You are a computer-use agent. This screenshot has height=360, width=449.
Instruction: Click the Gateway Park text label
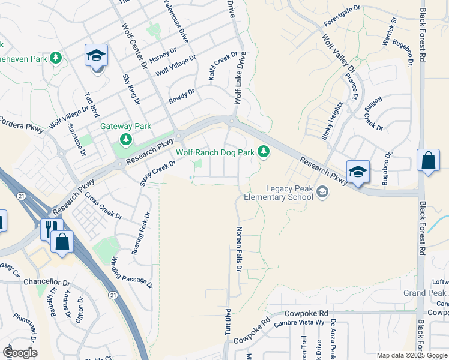pyautogui.click(x=125, y=126)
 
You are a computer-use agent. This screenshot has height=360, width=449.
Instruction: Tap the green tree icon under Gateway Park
pyautogui.click(x=126, y=140)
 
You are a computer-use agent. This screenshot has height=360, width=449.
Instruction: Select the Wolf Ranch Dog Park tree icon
pyautogui.click(x=263, y=151)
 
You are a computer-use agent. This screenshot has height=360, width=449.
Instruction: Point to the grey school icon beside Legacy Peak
pyautogui.click(x=323, y=191)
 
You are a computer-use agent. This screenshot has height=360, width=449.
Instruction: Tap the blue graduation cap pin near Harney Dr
pyautogui.click(x=96, y=56)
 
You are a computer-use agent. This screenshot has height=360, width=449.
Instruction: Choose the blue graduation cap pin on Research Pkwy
pyautogui.click(x=357, y=172)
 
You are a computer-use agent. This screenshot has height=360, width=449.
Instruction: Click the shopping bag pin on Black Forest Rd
pyautogui.click(x=428, y=161)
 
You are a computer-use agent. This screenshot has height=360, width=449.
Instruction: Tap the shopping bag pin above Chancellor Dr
pyautogui.click(x=62, y=242)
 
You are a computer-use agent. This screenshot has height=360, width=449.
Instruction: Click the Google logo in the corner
pyautogui.click(x=20, y=352)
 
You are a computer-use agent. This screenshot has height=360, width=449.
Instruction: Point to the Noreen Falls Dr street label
pyautogui.click(x=238, y=250)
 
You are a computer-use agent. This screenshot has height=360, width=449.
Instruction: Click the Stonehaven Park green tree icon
pyautogui.click(x=56, y=58)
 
